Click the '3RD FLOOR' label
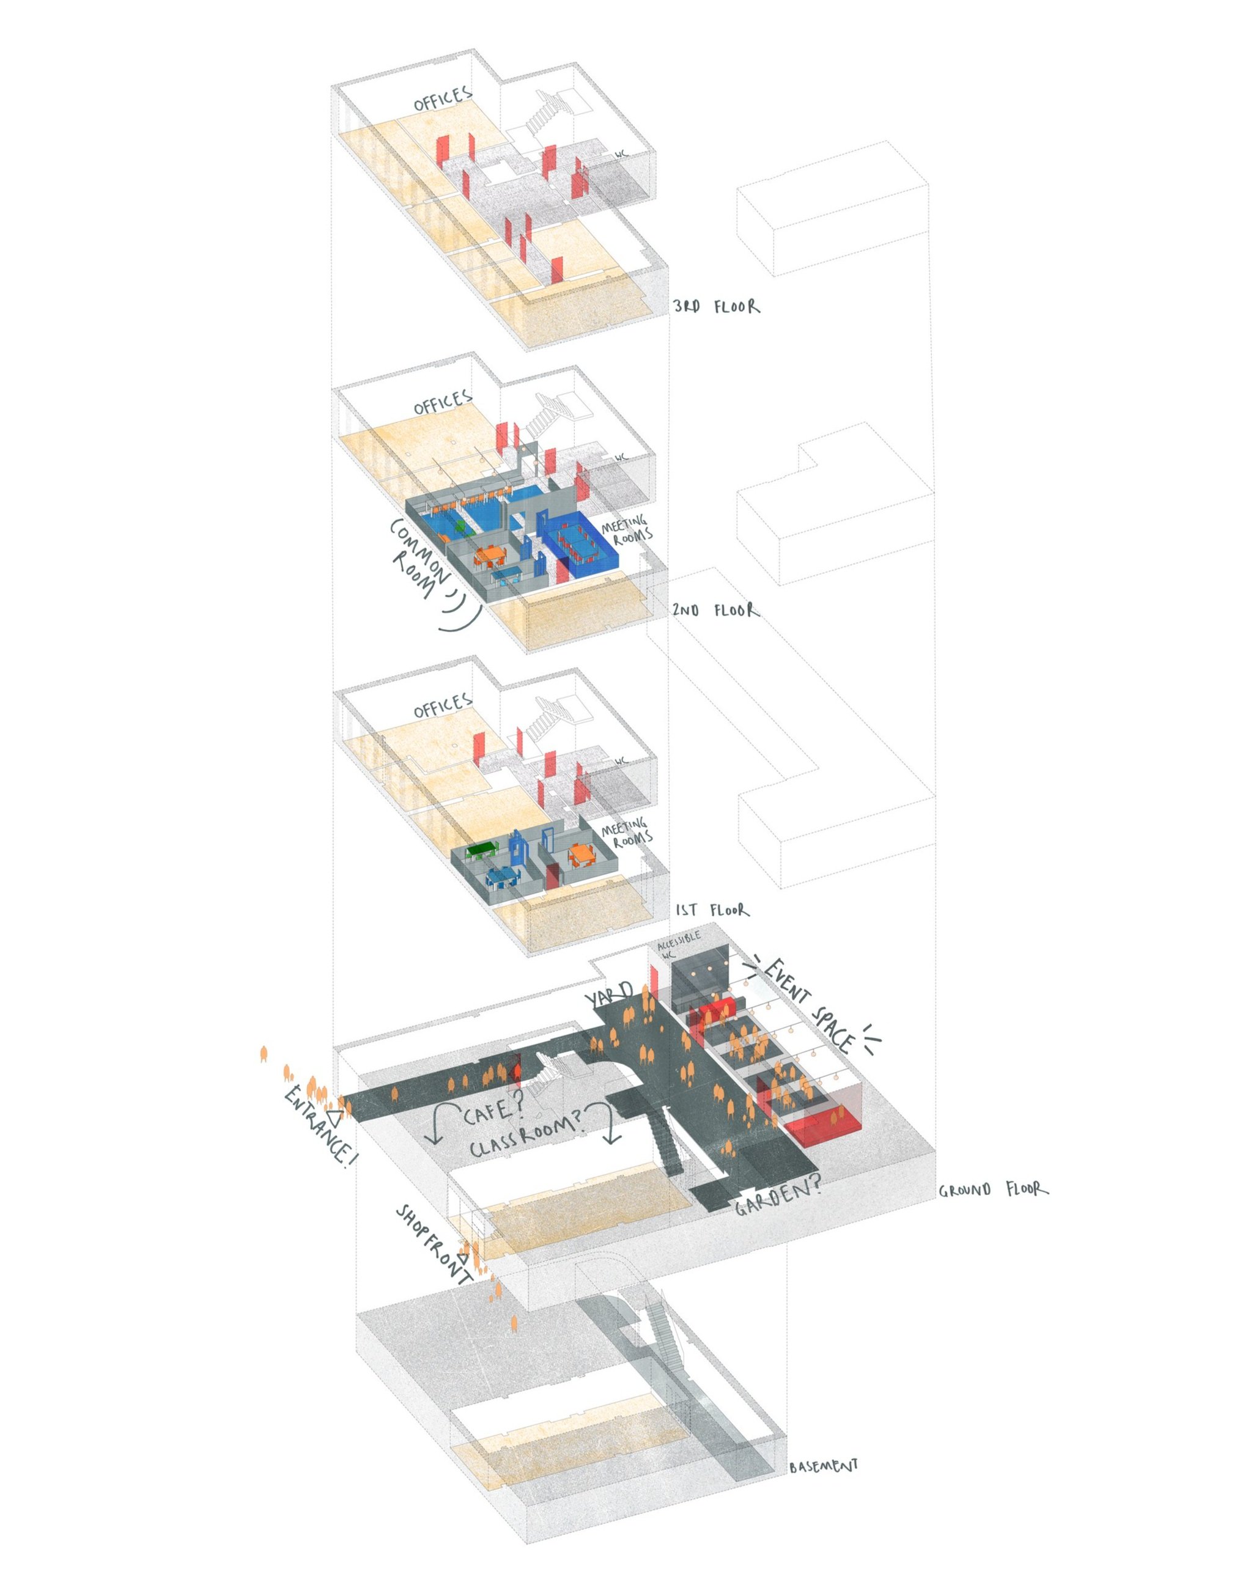click(716, 306)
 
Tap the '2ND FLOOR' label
click(716, 610)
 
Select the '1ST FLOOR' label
click(712, 910)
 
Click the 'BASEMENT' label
click(824, 1466)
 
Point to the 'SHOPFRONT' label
click(434, 1244)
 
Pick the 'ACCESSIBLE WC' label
click(677, 943)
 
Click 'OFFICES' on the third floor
click(443, 99)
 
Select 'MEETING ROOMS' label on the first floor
click(626, 833)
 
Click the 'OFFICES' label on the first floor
click(443, 706)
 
